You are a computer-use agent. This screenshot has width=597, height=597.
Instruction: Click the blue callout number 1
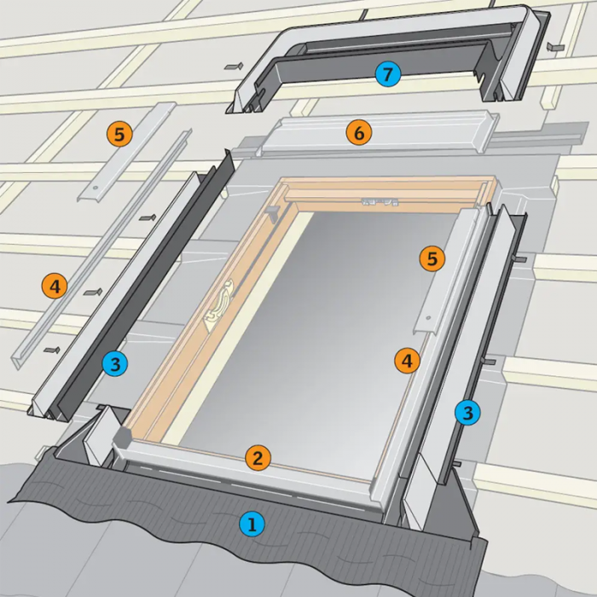[x=252, y=525]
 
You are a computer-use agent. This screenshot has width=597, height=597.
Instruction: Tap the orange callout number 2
[x=258, y=458]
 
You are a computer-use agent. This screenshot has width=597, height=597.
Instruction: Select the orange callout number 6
[x=359, y=133]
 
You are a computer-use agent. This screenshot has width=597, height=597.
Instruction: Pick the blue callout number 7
[x=387, y=74]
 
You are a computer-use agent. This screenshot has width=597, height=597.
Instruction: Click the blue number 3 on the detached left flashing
[x=115, y=363]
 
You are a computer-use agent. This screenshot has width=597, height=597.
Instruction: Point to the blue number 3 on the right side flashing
[x=468, y=412]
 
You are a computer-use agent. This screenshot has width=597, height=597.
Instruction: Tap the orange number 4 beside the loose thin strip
[x=55, y=287]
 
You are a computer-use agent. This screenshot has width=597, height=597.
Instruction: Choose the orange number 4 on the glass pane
[x=408, y=361]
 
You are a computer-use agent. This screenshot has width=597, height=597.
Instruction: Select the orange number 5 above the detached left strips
[x=119, y=134]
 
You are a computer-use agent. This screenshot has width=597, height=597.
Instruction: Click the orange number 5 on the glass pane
[x=432, y=259]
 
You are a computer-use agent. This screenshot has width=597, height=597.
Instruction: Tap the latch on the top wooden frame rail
[x=380, y=202]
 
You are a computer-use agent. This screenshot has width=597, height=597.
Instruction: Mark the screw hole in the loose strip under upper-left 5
[x=96, y=188]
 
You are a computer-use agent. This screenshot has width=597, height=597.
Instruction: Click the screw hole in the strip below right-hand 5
[x=428, y=318]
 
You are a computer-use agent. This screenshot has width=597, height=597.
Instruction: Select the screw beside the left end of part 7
[x=234, y=67]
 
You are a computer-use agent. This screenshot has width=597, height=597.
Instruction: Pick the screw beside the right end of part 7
[x=555, y=47]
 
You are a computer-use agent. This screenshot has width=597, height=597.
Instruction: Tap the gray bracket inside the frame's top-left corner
[x=273, y=213]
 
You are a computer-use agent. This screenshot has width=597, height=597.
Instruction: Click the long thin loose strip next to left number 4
[x=101, y=249]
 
